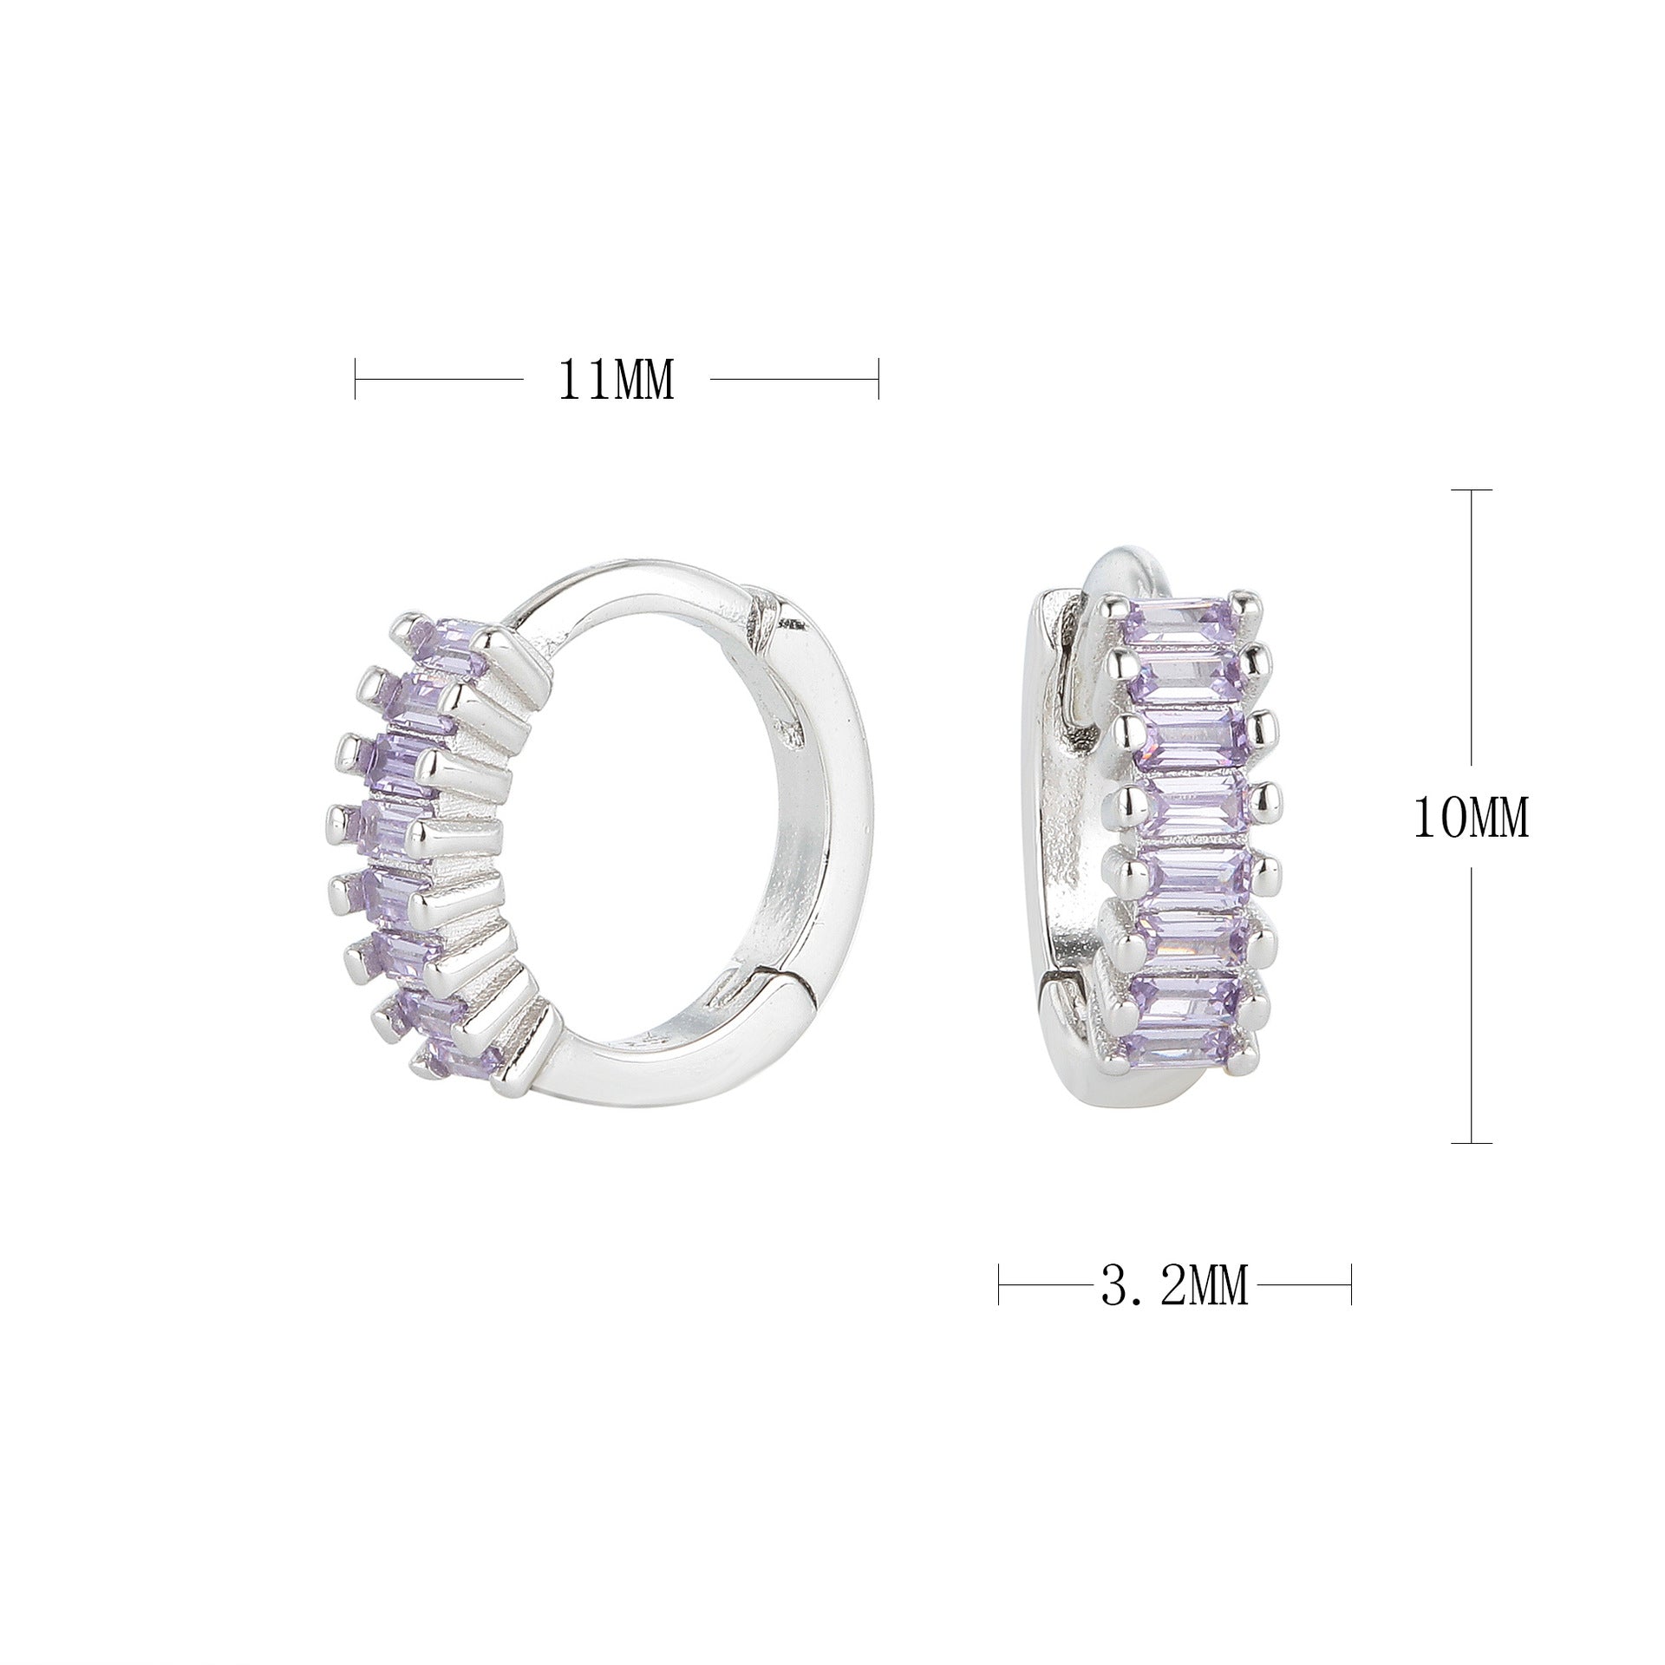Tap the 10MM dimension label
1471,818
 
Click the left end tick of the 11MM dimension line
356,379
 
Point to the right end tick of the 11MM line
878,379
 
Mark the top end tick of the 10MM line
1472,491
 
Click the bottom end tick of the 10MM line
1472,1143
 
